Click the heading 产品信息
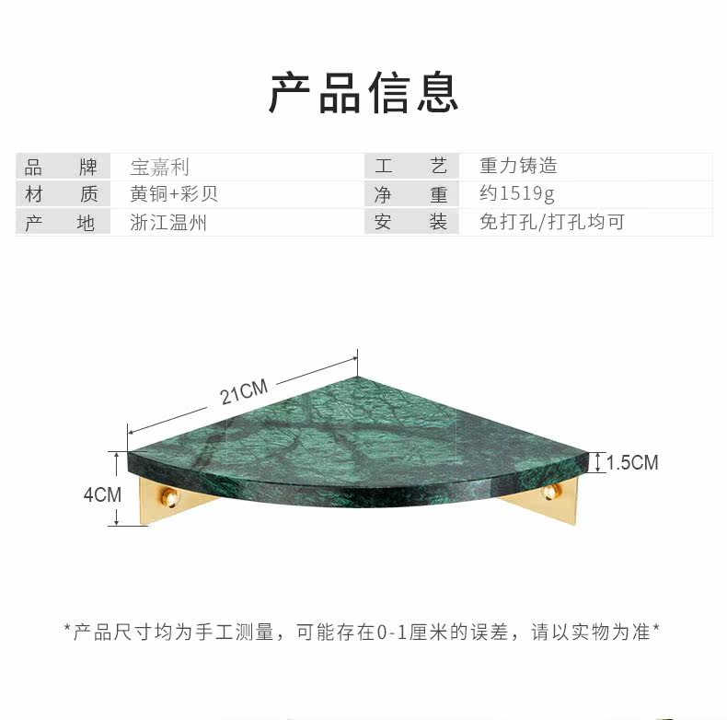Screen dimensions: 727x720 [x=363, y=93]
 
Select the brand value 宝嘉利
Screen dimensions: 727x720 [x=160, y=167]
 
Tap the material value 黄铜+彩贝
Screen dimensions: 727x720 [x=174, y=194]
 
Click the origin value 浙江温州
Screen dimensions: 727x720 [x=168, y=222]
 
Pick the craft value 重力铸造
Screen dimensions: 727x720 [x=518, y=167]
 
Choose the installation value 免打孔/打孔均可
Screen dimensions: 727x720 [x=552, y=222]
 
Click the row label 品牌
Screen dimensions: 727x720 [x=61, y=167]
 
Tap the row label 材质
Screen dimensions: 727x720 [x=61, y=194]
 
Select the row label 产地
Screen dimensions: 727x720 [x=61, y=222]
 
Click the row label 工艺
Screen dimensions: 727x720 [x=410, y=167]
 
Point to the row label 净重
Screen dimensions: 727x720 [x=410, y=194]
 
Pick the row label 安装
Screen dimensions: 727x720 [x=410, y=222]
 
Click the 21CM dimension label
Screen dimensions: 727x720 [x=244, y=393]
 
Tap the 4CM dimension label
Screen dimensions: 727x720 [x=102, y=494]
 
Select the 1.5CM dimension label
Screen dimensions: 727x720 [x=632, y=462]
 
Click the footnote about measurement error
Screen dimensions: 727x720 [x=363, y=632]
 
